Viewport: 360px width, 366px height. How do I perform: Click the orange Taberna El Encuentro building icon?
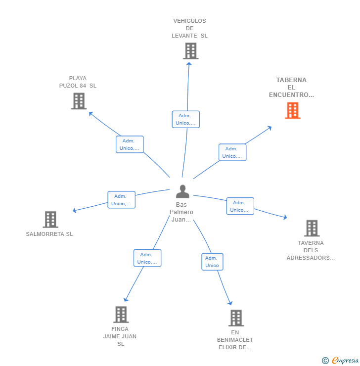click(292, 110)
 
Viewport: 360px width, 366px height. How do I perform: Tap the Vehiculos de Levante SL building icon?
click(190, 51)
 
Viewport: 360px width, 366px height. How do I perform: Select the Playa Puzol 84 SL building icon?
click(79, 101)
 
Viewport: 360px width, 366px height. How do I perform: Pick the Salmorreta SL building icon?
click(50, 219)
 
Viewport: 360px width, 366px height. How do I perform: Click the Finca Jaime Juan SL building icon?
click(121, 314)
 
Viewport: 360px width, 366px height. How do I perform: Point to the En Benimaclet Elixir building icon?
click(236, 318)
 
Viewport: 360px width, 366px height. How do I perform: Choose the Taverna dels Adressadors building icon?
click(312, 228)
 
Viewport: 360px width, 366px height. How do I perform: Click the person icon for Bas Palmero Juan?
click(182, 191)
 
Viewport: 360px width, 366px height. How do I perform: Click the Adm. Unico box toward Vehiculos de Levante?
click(186, 119)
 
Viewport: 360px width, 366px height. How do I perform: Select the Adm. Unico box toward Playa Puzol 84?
click(130, 144)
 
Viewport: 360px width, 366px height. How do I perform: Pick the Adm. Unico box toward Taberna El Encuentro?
click(232, 152)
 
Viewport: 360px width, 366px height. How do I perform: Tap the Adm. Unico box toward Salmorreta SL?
click(121, 200)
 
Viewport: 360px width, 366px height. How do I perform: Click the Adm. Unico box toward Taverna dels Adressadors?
click(240, 206)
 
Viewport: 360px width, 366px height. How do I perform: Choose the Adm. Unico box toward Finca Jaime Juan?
click(147, 258)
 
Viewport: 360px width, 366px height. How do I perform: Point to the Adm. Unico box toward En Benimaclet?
click(212, 262)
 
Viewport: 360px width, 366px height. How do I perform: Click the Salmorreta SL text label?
click(49, 234)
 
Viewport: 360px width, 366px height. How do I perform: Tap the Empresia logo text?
click(345, 361)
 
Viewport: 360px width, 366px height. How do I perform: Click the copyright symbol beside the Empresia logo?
click(325, 361)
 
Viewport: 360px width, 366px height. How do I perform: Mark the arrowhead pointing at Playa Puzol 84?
click(90, 113)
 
